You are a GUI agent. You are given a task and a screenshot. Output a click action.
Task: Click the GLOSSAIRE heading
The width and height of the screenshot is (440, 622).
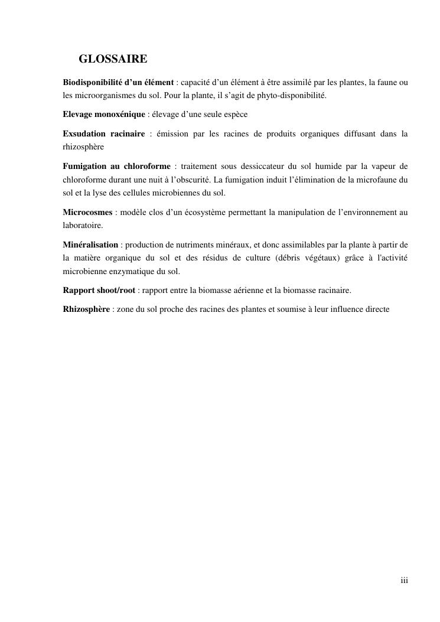pyautogui.click(x=113, y=60)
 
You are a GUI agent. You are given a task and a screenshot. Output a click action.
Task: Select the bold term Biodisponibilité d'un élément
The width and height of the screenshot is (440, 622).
pyautogui.click(x=118, y=82)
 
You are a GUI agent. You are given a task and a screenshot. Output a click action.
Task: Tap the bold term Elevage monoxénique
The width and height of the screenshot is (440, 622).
pyautogui.click(x=103, y=114)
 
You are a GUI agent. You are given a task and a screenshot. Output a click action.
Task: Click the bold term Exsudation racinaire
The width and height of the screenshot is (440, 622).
pyautogui.click(x=103, y=134)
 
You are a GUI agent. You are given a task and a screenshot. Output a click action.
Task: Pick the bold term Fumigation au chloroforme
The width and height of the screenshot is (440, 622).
pyautogui.click(x=116, y=167)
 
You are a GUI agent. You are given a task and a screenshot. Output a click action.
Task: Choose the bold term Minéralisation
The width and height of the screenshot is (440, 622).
pyautogui.click(x=90, y=245)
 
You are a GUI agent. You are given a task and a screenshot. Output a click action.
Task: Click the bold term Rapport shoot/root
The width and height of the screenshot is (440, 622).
pyautogui.click(x=99, y=290)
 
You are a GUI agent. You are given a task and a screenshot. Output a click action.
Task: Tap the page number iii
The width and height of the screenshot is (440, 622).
pyautogui.click(x=404, y=581)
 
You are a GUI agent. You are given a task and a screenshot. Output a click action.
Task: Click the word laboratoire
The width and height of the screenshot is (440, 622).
pyautogui.click(x=83, y=225)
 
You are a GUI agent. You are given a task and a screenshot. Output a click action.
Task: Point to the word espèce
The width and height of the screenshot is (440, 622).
pyautogui.click(x=233, y=114)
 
